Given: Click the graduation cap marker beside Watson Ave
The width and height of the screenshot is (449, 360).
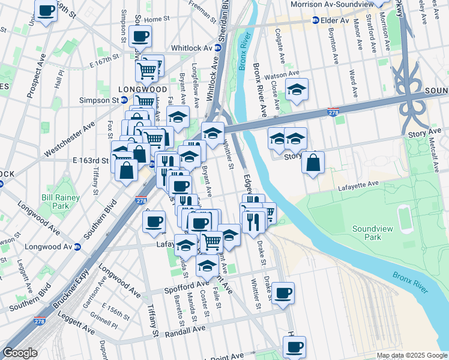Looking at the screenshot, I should [x=297, y=90].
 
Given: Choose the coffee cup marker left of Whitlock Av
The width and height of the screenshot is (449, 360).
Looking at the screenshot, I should [x=140, y=36].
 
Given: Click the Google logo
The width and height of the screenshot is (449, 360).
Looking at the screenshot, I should [x=20, y=353].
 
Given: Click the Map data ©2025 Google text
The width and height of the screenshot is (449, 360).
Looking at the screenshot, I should [x=411, y=355].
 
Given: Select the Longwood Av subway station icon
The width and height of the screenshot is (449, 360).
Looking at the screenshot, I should [x=77, y=247].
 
